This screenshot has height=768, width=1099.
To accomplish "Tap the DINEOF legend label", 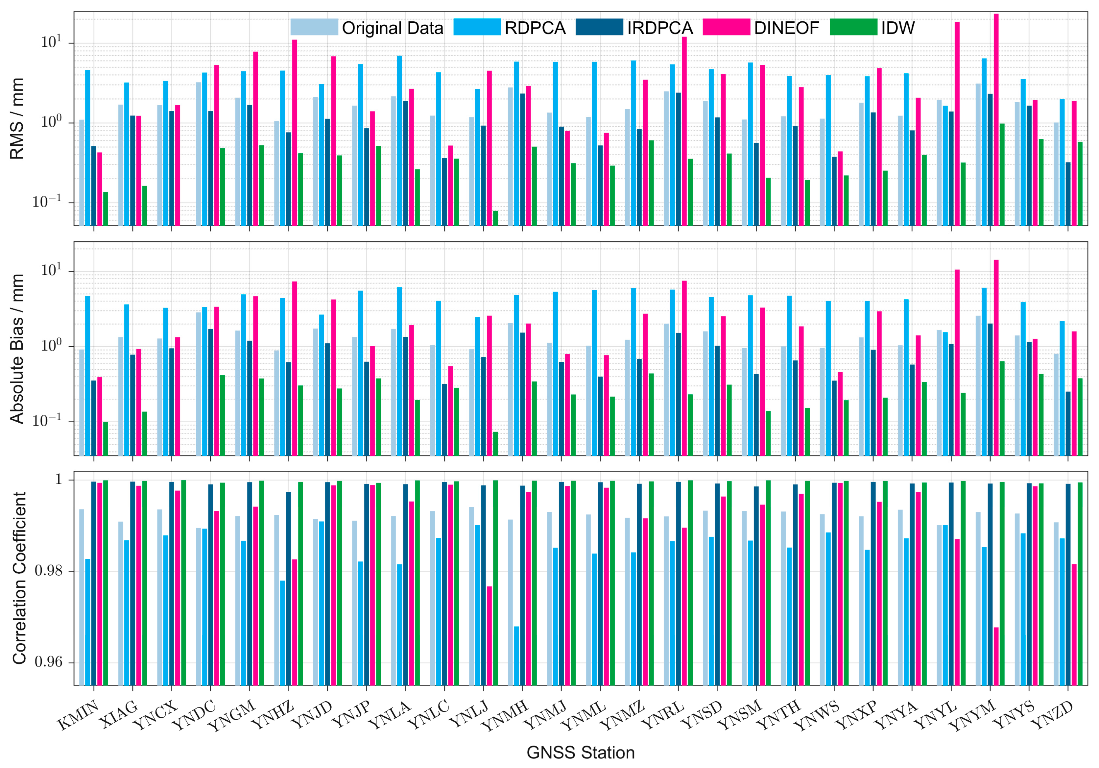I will click(x=786, y=28).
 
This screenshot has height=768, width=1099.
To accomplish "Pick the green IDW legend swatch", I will click(x=853, y=27).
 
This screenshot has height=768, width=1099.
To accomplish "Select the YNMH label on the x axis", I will click(x=505, y=715).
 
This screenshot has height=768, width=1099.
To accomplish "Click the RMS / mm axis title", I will click(x=17, y=118).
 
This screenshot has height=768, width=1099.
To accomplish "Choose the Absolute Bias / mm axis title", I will click(x=17, y=349).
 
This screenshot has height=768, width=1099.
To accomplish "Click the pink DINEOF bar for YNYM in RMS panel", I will click(x=996, y=120).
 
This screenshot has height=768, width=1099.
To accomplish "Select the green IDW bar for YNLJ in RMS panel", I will click(x=495, y=218).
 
